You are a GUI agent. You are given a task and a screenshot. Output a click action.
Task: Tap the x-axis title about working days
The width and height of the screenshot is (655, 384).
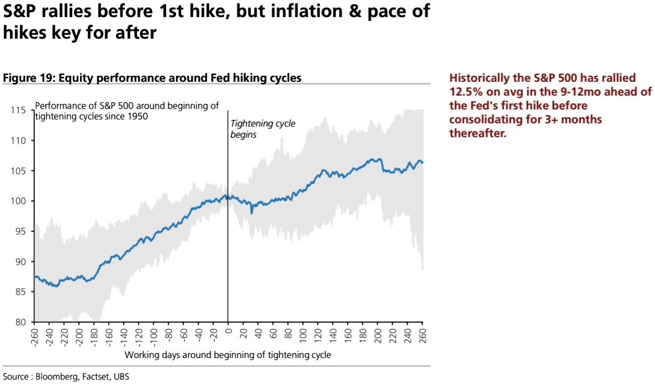click(228, 355)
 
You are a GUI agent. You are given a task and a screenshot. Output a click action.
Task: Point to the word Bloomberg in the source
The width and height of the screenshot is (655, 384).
click(56, 377)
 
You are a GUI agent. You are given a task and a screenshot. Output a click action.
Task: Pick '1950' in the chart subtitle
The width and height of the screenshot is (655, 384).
click(136, 117)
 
